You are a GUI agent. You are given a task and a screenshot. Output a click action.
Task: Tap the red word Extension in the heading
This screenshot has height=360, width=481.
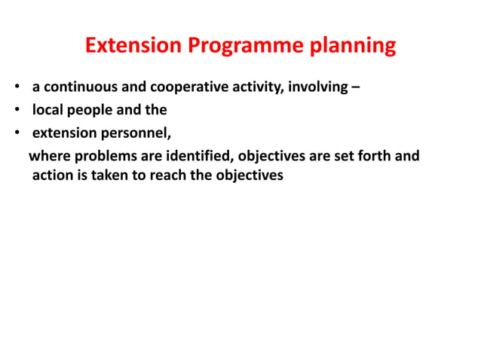click(x=133, y=46)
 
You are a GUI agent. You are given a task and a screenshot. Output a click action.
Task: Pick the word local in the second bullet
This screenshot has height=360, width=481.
click(x=47, y=110)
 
